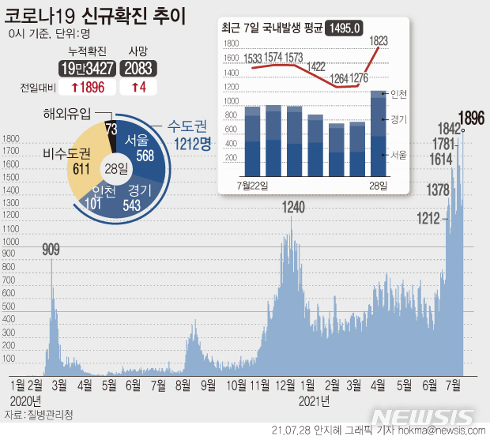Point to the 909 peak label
coord(51,250)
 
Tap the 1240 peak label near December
coord(293,207)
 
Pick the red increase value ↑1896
coord(91,85)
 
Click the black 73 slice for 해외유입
coord(111,129)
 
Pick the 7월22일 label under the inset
coord(253,184)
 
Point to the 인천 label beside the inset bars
coord(399,94)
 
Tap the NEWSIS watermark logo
coord(424,416)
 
